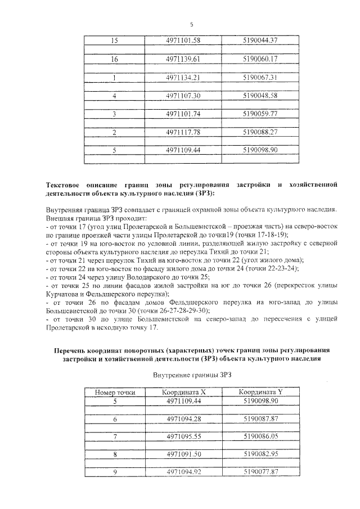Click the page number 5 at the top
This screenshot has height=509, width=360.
pyautogui.click(x=192, y=25)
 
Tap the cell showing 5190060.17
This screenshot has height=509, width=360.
pyautogui.click(x=259, y=59)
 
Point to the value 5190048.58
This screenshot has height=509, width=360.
pyautogui.click(x=259, y=96)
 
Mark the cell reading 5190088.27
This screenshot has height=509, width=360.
pyautogui.click(x=259, y=132)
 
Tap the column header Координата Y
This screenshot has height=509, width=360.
pyautogui.click(x=259, y=392)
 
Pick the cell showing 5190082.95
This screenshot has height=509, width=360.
pyautogui.click(x=259, y=453)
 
